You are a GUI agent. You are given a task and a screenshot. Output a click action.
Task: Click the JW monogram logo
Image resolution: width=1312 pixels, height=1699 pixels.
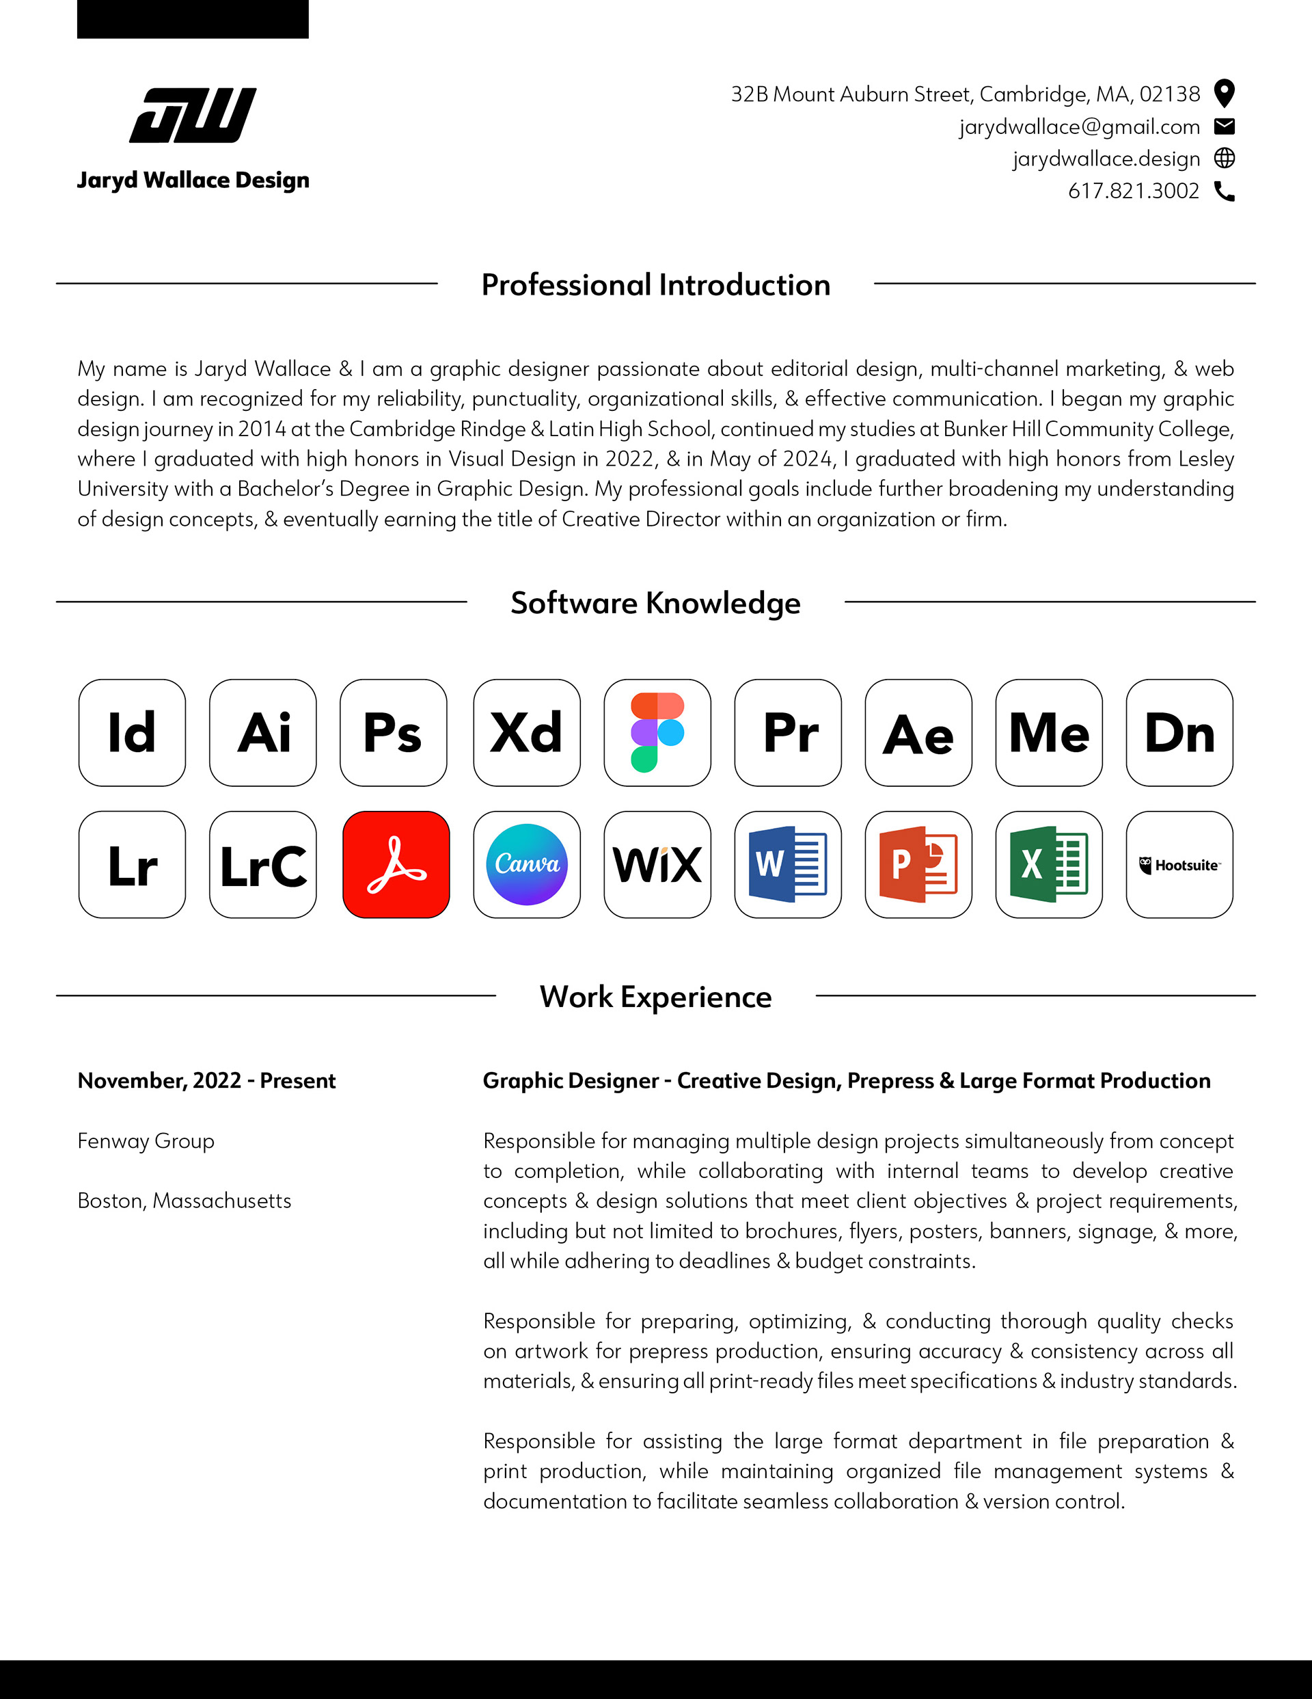coord(193,115)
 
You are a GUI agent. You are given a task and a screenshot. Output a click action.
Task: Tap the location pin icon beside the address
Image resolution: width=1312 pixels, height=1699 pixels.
coord(1224,94)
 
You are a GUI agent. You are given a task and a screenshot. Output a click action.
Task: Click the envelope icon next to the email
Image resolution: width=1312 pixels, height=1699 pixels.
coord(1224,126)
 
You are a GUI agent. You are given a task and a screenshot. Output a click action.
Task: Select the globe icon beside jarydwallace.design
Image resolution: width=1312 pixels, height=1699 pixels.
coord(1224,159)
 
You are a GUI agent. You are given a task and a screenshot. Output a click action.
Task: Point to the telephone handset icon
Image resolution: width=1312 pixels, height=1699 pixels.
coord(1224,191)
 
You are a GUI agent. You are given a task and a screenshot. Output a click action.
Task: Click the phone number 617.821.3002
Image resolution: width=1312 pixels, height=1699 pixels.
coord(1133,191)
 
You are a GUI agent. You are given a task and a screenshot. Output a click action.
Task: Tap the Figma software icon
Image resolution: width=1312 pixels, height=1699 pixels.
coord(657,733)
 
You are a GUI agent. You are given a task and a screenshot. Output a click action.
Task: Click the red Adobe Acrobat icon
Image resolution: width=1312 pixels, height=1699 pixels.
coord(396,865)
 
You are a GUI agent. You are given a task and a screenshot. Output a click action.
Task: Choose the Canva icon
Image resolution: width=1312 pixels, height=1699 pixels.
coord(527,865)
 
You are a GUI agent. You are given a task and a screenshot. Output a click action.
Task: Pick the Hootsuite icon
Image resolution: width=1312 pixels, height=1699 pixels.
coord(1179,865)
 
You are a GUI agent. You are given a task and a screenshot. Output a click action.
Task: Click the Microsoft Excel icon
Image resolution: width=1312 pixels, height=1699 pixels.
coord(1048,865)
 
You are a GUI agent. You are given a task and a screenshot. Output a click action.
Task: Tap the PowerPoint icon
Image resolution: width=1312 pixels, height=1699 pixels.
coord(918,865)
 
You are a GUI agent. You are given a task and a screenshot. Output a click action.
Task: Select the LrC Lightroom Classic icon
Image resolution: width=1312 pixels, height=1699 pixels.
coord(263,865)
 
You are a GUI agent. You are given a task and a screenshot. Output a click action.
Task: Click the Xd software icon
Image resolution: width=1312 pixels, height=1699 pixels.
coord(527,733)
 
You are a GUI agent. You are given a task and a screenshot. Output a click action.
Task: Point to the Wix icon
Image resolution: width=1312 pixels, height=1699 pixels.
coord(657,865)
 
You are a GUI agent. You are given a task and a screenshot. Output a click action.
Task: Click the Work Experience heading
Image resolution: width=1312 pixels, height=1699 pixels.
coord(655,998)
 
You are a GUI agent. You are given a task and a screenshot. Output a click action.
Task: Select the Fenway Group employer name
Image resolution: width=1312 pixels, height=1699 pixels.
coord(146,1141)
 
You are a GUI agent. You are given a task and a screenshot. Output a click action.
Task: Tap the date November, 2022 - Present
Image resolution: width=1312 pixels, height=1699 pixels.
coord(207,1080)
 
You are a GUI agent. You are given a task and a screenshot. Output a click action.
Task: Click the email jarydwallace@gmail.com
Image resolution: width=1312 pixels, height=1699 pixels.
coord(1080,126)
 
